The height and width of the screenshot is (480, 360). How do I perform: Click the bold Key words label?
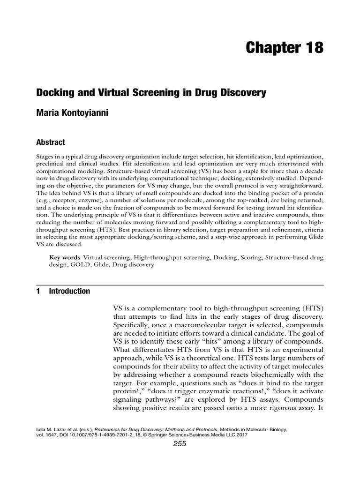pyautogui.click(x=64, y=257)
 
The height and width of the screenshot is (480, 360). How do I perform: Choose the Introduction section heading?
pyautogui.click(x=69, y=291)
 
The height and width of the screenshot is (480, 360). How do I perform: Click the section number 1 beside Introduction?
pyautogui.click(x=38, y=291)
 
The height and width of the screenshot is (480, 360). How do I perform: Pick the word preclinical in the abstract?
pyautogui.click(x=53, y=165)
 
